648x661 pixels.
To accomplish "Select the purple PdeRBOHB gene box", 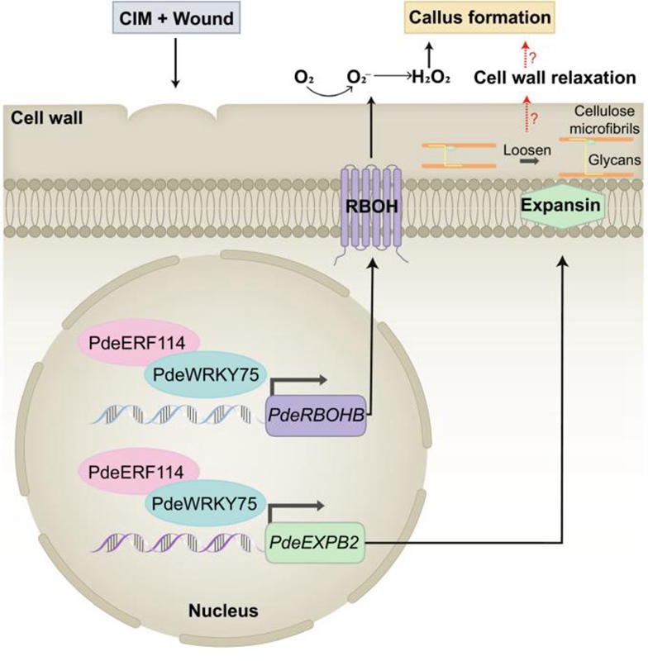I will point(318,412).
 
